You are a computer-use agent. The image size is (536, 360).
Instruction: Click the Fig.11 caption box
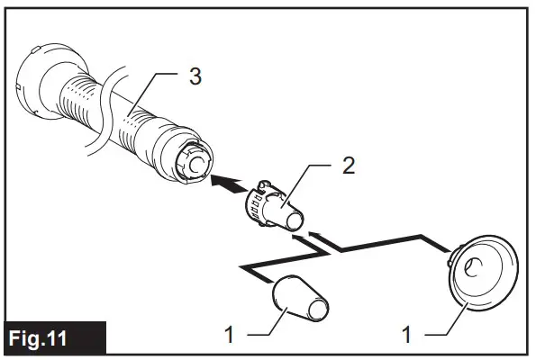pos(53,339)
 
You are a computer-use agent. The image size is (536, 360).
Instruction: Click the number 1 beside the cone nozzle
pos(228,335)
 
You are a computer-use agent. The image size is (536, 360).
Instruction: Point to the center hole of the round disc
pos(475,266)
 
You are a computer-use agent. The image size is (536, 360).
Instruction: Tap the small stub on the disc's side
pos(450,261)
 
